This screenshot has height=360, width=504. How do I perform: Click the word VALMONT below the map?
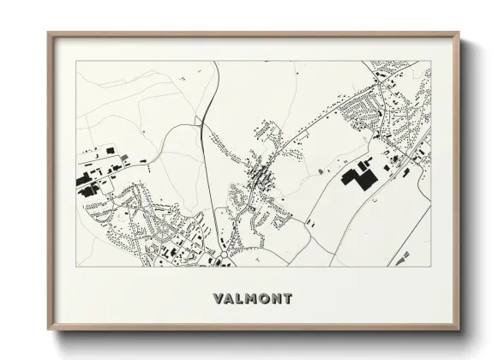point(251,299)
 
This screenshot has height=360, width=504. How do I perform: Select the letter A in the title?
point(227,299)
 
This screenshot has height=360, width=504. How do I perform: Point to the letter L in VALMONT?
point(238,299)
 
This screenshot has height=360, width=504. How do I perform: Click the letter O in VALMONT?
point(264,299)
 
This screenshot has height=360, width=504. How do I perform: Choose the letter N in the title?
point(277,299)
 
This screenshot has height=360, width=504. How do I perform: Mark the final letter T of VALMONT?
point(288,299)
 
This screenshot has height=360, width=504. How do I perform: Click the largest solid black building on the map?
point(358,176)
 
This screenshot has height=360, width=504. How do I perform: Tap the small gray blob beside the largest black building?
point(321,171)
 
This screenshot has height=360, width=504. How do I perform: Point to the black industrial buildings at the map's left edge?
point(88,182)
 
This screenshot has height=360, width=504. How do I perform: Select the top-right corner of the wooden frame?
point(459,33)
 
